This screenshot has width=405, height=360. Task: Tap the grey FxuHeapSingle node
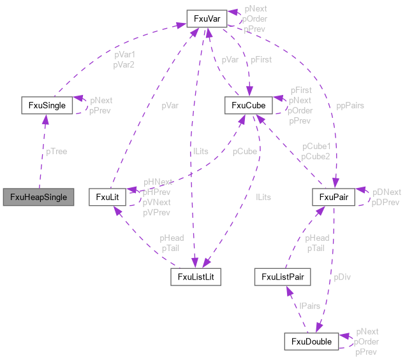click(x=38, y=196)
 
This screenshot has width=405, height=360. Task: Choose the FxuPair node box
click(x=333, y=197)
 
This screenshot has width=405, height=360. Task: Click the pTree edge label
click(x=56, y=152)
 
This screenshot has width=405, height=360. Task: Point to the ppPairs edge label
click(x=350, y=105)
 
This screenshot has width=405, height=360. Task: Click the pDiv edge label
click(x=342, y=277)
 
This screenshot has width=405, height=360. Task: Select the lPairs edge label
click(x=309, y=306)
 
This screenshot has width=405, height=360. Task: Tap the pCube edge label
click(x=245, y=152)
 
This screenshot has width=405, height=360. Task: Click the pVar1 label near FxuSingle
click(x=124, y=55)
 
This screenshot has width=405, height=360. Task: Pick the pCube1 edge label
click(x=316, y=147)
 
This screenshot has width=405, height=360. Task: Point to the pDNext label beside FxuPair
click(x=387, y=192)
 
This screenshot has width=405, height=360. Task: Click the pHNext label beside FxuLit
click(x=158, y=182)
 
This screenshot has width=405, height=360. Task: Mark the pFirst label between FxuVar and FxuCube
click(x=261, y=59)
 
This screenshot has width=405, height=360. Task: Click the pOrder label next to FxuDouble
click(x=367, y=342)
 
